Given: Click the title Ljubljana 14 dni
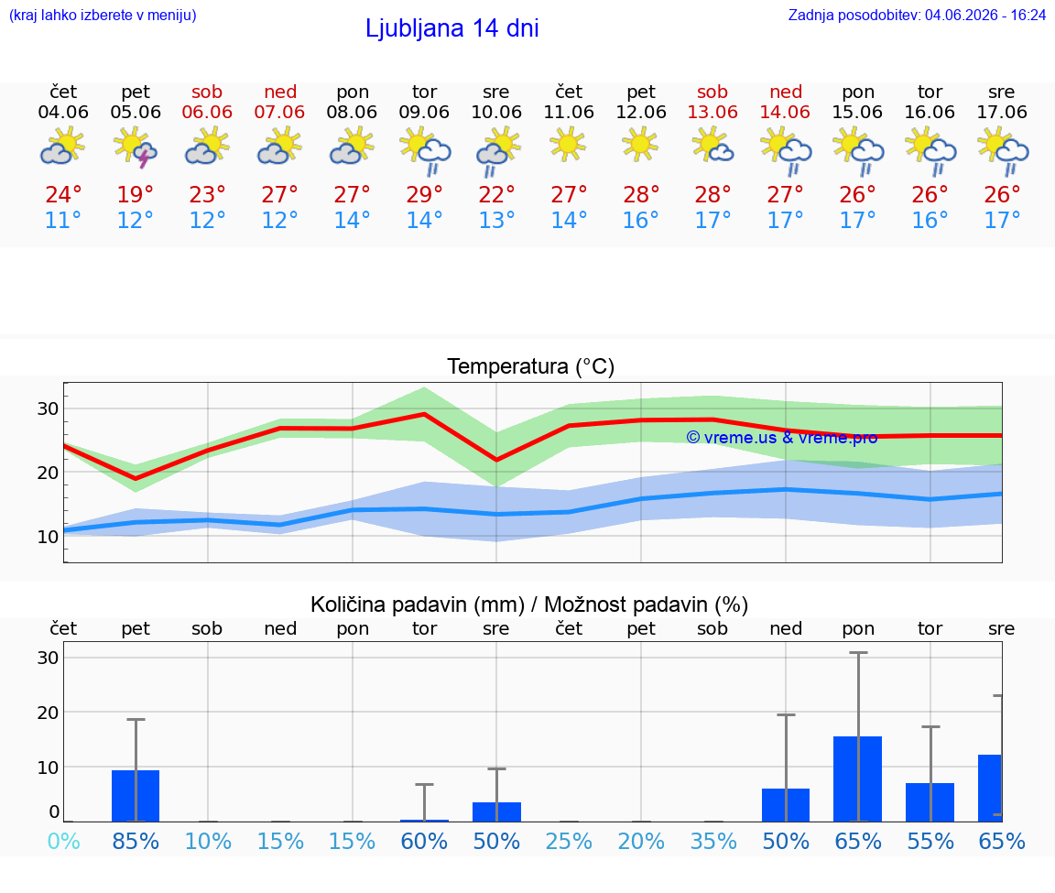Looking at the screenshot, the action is (452, 28).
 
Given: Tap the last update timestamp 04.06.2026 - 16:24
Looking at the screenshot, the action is (985, 15).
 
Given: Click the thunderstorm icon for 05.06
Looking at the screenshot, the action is (136, 148).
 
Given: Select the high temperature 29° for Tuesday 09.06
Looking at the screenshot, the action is (425, 194).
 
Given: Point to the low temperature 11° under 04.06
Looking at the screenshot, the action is (63, 220).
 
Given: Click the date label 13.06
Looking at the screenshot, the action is (712, 113).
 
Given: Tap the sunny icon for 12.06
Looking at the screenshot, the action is (640, 145).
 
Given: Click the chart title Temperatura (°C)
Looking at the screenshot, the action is (531, 366).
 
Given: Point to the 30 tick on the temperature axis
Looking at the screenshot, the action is (48, 408).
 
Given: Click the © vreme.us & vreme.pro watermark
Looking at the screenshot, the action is (782, 438).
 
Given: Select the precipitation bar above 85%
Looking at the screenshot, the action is (136, 795).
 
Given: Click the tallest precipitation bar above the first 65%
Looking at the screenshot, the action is (858, 779).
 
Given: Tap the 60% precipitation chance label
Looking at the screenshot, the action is (425, 841).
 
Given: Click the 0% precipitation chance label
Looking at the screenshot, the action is (64, 841).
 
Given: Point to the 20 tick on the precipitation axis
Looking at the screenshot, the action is (48, 713).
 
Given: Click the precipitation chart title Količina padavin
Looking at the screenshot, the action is (418, 604).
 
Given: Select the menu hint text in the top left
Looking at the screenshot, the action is (103, 15).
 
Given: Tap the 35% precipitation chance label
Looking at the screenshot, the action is (714, 841).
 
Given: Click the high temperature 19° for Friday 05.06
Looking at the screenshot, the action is (136, 194).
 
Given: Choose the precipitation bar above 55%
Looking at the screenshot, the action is (930, 802).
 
